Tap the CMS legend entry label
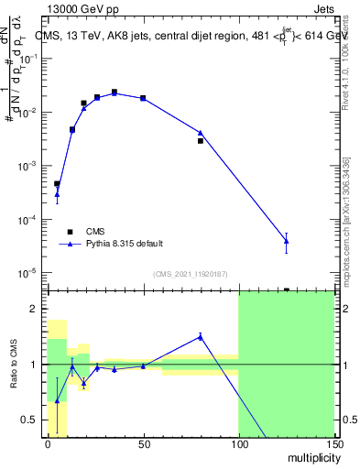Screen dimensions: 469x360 96,231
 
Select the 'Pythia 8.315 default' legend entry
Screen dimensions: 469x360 124,244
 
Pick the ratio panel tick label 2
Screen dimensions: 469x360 33,309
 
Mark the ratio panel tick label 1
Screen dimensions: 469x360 33,365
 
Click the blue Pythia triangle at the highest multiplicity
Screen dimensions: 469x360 286,242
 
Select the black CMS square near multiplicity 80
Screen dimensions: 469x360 200,141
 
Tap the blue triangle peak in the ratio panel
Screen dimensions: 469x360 200,336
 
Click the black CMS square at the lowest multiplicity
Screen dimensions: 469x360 57,184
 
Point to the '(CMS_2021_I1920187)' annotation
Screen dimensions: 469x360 190,274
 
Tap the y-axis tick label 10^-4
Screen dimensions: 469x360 27,220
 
